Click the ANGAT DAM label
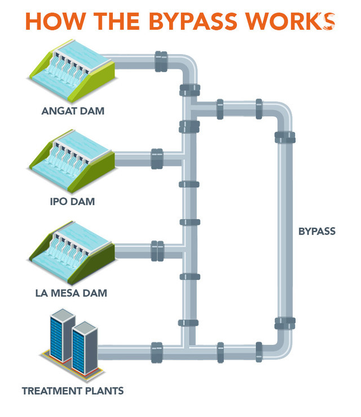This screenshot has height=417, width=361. pos(73,110)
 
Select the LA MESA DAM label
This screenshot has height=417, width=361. pos(74,293)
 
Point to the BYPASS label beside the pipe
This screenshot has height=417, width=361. pos(316,231)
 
